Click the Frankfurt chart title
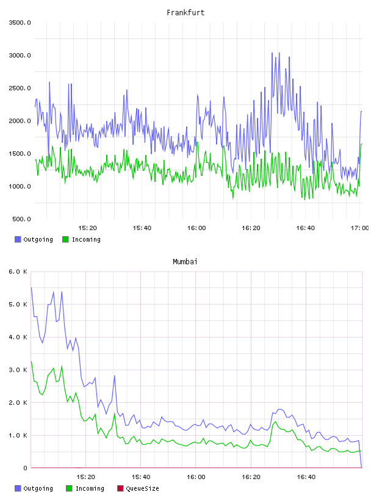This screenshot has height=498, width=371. tap(185, 13)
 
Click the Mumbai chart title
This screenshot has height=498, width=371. tap(185, 262)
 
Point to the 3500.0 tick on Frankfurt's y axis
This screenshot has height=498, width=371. tap(20, 23)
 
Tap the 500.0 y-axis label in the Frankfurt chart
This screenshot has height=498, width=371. tap(21, 219)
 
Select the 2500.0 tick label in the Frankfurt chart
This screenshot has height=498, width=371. tap(20, 88)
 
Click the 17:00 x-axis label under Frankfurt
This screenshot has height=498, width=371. tap(359, 228)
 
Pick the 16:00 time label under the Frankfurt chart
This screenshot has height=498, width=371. tap(196, 228)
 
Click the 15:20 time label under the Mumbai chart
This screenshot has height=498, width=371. tap(86, 477)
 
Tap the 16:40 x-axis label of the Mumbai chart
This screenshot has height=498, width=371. tap(306, 477)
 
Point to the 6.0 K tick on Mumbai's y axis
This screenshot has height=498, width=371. tap(18, 272)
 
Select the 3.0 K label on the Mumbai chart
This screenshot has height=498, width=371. tap(18, 370)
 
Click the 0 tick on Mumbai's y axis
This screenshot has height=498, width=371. tap(26, 468)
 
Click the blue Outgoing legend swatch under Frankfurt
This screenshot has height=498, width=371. tap(18, 239)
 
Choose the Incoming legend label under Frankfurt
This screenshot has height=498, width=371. tap(86, 240)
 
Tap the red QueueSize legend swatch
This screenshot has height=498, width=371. tap(120, 488)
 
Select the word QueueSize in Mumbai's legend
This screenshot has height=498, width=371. tap(142, 489)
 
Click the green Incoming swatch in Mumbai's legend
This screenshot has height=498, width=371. tap(69, 488)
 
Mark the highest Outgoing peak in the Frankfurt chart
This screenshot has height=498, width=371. tap(272, 52)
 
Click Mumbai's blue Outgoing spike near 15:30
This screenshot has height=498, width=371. tap(114, 376)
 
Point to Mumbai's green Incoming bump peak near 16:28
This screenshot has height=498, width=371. tap(275, 422)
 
